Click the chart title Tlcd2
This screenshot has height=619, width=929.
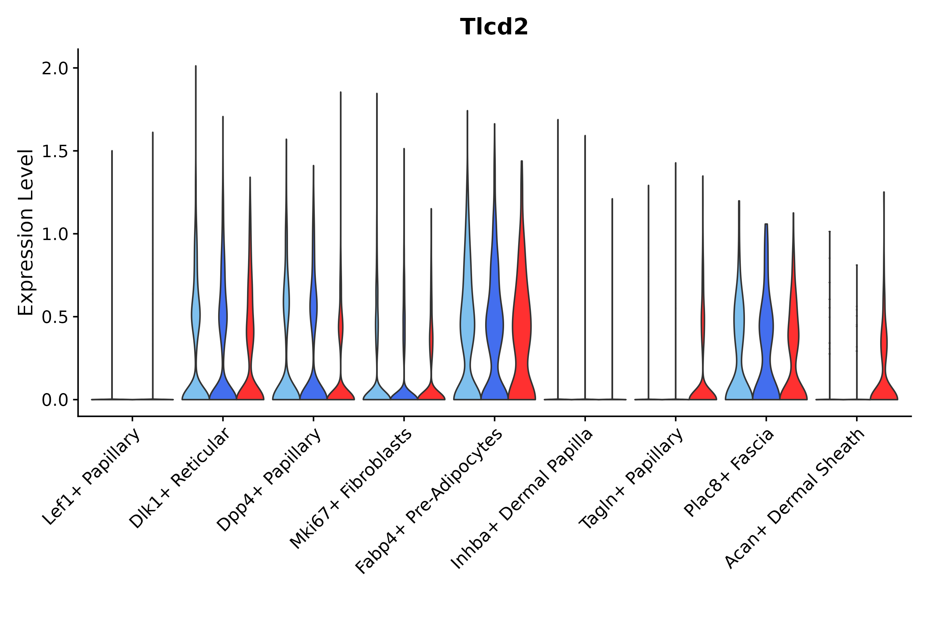point(494,27)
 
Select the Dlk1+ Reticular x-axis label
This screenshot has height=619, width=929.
point(180,478)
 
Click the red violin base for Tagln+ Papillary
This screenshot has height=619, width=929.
point(703,391)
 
